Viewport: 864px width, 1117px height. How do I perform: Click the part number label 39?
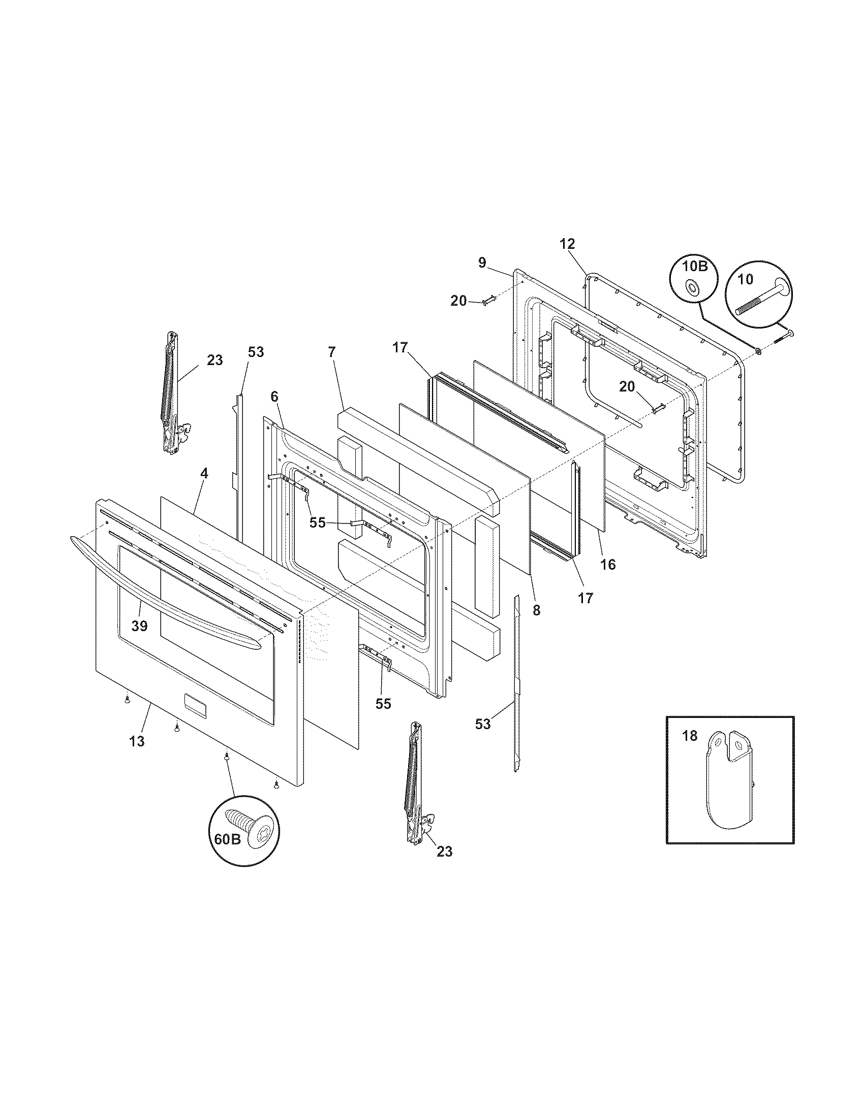coord(139,625)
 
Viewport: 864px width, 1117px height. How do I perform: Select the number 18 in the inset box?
coord(690,736)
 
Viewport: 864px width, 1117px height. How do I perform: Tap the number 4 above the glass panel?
coord(204,473)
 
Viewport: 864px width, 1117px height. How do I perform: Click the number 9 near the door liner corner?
coord(482,262)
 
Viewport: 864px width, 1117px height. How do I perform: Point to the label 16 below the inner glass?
coord(608,564)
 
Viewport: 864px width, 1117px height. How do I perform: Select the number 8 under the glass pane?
coord(536,610)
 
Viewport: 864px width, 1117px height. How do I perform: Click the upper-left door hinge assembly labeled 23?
coord(172,394)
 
